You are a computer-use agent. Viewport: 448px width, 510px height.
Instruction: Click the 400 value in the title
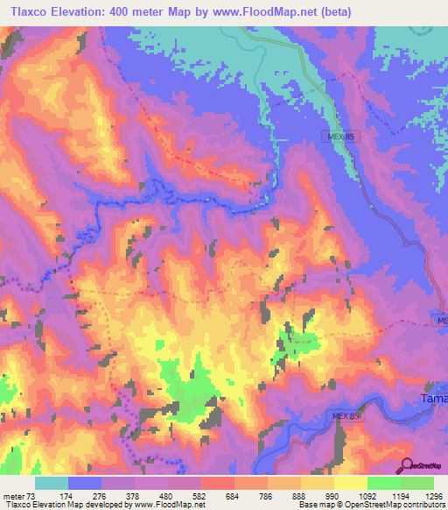(x=134, y=11)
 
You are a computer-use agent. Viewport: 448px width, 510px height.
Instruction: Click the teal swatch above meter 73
(x=52, y=483)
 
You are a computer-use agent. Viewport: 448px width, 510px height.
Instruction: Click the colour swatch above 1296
(x=417, y=483)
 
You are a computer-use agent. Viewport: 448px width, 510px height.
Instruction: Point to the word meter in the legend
(x=15, y=497)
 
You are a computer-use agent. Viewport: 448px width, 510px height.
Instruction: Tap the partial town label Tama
(x=429, y=399)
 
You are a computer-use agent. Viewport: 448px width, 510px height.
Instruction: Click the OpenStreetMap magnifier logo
(x=406, y=465)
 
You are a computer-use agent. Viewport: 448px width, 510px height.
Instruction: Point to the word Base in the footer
(x=306, y=505)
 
